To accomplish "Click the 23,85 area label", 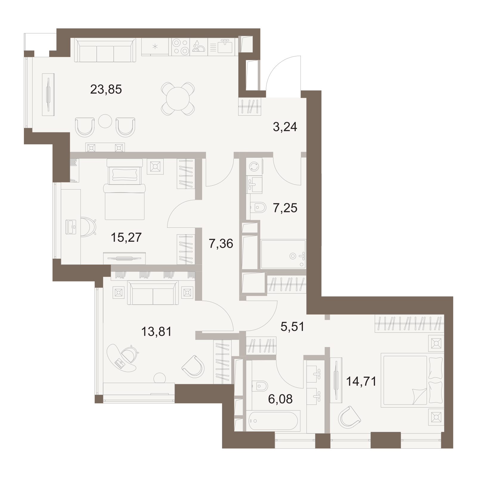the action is [x=106, y=89].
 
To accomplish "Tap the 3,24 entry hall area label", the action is [x=285, y=127].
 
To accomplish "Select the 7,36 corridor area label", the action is [x=221, y=244].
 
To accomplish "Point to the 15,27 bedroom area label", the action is [x=126, y=237].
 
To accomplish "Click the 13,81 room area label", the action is [x=157, y=332].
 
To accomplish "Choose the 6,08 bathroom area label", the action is [x=280, y=399].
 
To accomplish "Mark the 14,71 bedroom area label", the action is [x=361, y=381].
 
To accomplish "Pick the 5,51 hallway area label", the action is [x=292, y=327].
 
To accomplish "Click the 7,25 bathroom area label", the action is [x=285, y=208].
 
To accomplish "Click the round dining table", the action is [x=178, y=99].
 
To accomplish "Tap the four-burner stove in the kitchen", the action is [x=181, y=47].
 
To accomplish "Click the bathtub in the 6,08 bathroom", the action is [x=273, y=421].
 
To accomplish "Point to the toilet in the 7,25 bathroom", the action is [x=258, y=207].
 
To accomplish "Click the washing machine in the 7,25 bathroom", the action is [x=254, y=166].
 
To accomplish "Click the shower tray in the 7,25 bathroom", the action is [x=283, y=254].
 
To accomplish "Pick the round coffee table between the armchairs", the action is [x=105, y=121].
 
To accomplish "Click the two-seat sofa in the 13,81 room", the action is [x=153, y=293].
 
